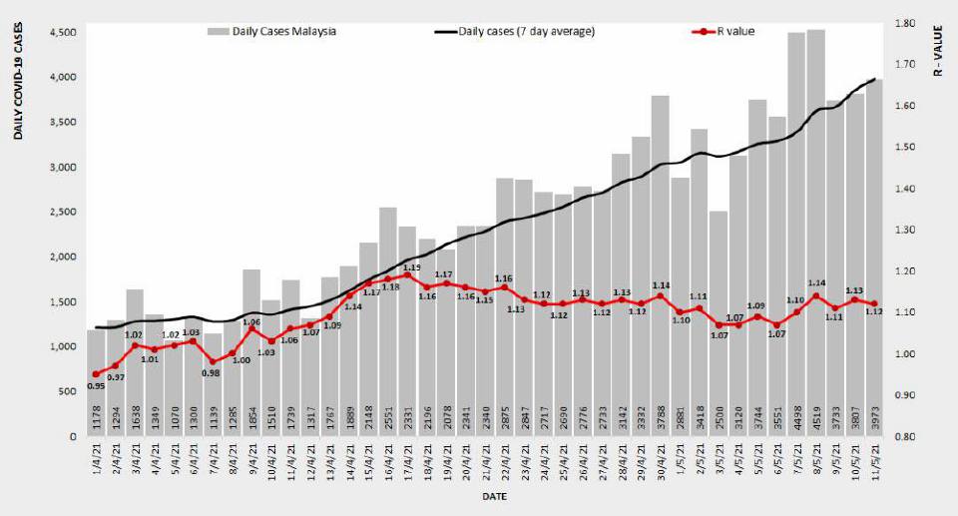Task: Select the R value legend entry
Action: [734, 31]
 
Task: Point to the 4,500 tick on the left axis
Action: [61, 32]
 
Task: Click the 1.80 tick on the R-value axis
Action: [905, 23]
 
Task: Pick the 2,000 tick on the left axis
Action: [61, 257]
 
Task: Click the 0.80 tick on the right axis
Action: [905, 437]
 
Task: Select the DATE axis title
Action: [494, 496]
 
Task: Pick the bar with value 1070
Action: [174, 388]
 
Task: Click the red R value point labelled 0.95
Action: [96, 374]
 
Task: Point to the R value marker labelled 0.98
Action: [213, 361]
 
